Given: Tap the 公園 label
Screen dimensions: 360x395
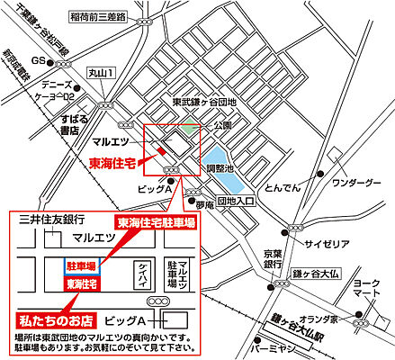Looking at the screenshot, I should [x=222, y=127].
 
